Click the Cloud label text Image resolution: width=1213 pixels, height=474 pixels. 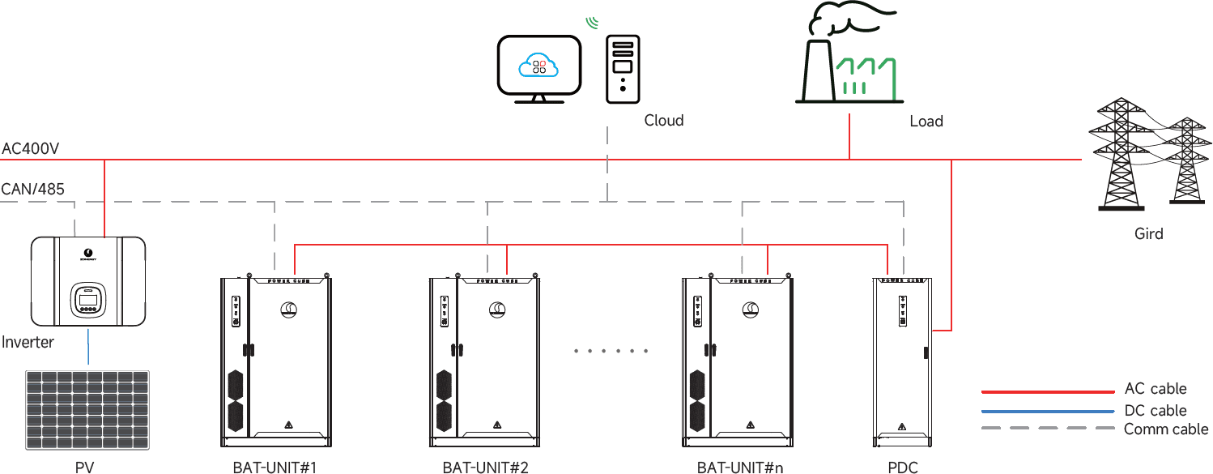[664, 121]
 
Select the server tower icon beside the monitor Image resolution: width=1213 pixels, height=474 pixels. [623, 69]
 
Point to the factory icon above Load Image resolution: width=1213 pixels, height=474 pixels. [849, 57]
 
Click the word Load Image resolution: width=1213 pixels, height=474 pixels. [926, 122]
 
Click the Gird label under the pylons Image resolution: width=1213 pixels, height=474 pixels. [1148, 234]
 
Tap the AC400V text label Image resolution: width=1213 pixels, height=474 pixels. [30, 149]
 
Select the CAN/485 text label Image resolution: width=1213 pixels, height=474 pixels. [32, 190]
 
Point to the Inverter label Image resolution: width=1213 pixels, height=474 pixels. [28, 342]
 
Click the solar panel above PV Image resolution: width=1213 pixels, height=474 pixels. [87, 409]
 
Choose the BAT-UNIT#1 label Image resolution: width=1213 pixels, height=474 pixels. [274, 468]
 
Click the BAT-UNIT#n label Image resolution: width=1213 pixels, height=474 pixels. [740, 468]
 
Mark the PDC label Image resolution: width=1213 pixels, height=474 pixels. [903, 468]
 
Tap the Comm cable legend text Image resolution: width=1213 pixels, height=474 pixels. [1165, 429]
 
